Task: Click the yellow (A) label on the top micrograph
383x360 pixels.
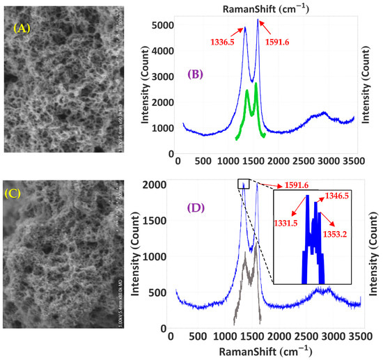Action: point(26,29)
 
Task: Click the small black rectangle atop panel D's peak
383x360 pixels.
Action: point(243,184)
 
